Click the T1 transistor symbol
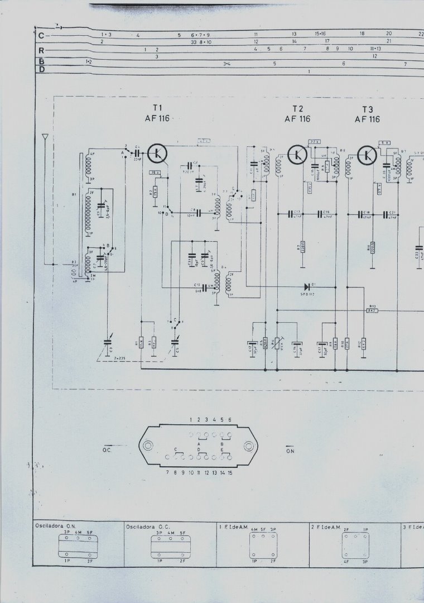click(158, 152)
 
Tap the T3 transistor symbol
click(367, 153)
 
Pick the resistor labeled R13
click(372, 310)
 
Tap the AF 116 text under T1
click(157, 118)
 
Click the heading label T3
click(367, 108)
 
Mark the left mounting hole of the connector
click(147, 445)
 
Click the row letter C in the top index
click(41, 36)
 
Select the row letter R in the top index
click(41, 50)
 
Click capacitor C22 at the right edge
click(418, 257)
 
